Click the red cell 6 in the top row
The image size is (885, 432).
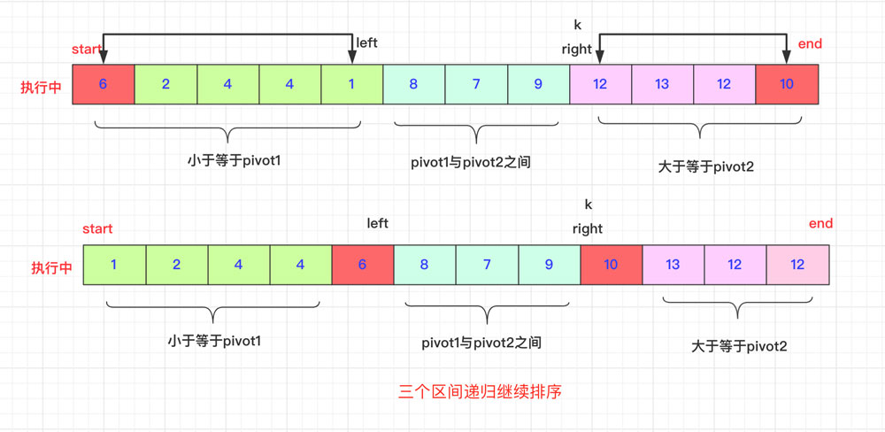[104, 85]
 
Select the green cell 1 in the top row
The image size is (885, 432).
[352, 85]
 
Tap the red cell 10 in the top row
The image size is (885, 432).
[787, 85]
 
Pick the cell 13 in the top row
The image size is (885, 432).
[662, 85]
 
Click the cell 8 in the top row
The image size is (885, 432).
[413, 85]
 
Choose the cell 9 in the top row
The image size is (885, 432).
[538, 85]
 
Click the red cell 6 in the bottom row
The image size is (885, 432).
[362, 265]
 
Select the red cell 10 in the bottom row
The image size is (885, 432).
[611, 265]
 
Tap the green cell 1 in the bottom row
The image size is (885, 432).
[114, 265]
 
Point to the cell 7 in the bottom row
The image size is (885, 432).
[486, 265]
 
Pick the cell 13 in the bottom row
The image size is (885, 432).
[673, 265]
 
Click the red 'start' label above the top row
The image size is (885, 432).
[87, 50]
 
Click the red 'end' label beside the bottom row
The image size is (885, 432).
[820, 224]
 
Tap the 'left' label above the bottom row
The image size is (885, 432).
[378, 224]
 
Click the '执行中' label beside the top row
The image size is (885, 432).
[42, 88]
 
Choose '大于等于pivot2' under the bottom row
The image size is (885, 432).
[739, 346]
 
